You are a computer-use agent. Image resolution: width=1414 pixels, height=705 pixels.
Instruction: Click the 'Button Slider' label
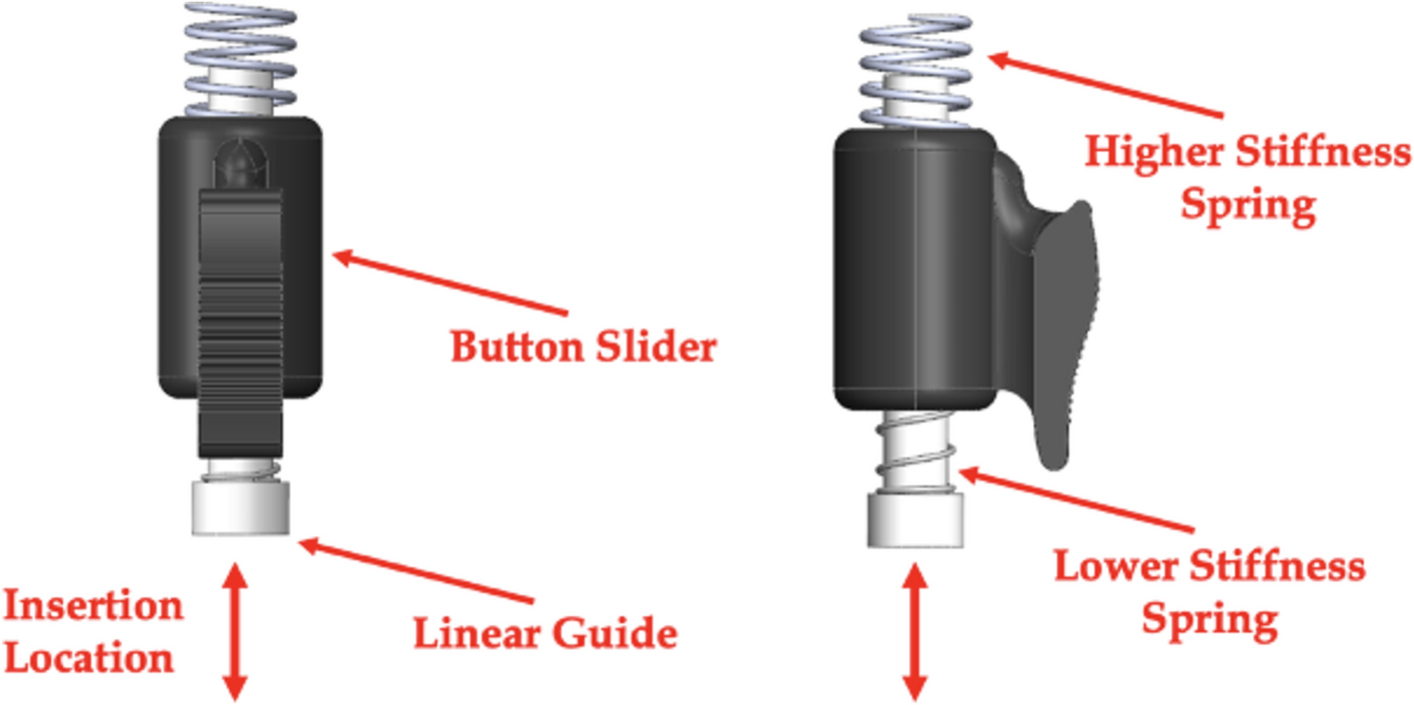[x=583, y=348]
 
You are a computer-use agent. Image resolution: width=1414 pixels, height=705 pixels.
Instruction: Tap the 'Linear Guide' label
[x=546, y=633]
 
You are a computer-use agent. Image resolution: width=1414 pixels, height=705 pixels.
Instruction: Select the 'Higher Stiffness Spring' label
[x=1247, y=179]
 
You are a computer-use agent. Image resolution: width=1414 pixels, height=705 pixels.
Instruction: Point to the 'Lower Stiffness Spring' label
[x=1210, y=593]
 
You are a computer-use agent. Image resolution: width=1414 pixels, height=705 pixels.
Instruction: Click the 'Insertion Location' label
[x=93, y=631]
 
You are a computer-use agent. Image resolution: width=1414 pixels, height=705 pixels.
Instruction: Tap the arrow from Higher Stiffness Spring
[x=1103, y=84]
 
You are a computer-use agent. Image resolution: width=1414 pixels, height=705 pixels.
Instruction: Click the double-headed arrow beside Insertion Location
[x=235, y=631]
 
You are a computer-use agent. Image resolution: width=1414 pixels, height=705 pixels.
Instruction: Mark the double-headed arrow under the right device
[x=913, y=631]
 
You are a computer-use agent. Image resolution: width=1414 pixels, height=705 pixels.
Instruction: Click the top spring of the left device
[x=240, y=59]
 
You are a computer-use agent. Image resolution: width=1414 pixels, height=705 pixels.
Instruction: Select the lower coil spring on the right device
[x=915, y=454]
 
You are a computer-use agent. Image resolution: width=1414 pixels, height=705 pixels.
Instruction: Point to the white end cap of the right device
[x=915, y=519]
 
